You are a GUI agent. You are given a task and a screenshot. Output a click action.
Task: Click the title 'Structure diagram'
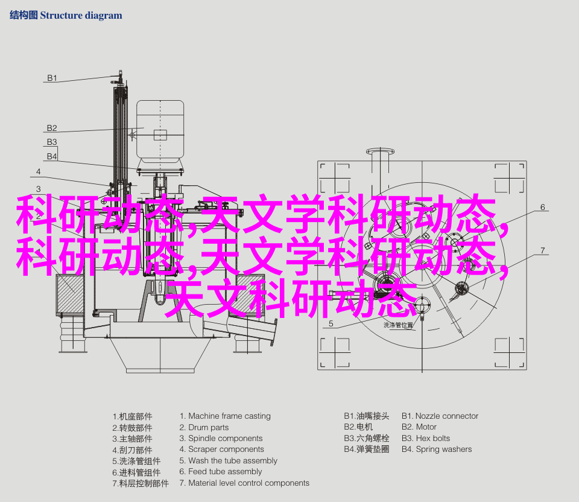(81, 16)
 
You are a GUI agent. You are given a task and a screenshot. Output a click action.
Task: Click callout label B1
(52, 78)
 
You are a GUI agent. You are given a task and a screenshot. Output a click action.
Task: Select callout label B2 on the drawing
(52, 128)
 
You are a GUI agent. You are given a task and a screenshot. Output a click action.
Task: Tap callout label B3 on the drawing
(52, 142)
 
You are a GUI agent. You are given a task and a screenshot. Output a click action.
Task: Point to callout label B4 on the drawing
(52, 156)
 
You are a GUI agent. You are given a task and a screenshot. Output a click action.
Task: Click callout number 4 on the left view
(39, 171)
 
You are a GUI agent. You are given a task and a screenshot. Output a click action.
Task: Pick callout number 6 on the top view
(542, 207)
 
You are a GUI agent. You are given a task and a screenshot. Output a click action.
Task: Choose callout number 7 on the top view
(542, 250)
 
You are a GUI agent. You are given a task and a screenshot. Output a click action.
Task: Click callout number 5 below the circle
(331, 323)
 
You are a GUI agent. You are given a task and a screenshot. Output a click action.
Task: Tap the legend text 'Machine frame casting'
(229, 416)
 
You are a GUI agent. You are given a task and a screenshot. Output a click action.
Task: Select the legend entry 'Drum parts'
(208, 427)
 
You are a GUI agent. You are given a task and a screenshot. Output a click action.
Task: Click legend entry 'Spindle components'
(225, 439)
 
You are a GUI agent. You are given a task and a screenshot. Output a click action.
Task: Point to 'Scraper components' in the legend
(226, 450)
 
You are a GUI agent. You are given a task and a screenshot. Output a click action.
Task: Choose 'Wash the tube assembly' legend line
(233, 460)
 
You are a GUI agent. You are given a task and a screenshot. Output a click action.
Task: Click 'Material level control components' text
(249, 483)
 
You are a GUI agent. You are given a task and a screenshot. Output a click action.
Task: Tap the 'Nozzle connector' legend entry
(447, 416)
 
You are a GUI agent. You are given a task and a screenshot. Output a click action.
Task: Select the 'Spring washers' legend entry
(444, 450)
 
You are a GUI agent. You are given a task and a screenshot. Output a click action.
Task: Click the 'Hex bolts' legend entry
(433, 439)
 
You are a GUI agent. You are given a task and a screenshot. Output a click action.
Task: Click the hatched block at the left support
(70, 294)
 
